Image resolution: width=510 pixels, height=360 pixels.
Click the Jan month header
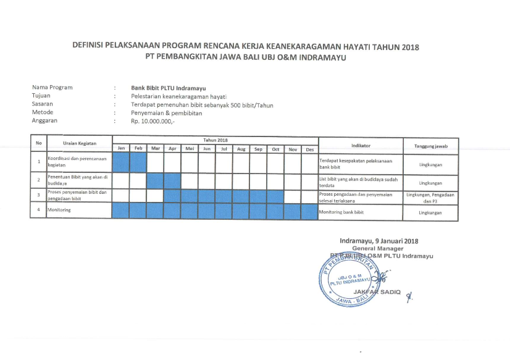pyautogui.click(x=122, y=149)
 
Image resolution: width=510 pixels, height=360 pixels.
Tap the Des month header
pyautogui.click(x=309, y=149)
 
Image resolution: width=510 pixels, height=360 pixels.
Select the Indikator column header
pyautogui.click(x=360, y=145)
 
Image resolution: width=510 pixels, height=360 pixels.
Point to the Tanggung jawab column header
pyautogui.click(x=430, y=145)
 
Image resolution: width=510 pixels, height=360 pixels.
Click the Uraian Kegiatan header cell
pyautogui.click(x=80, y=143)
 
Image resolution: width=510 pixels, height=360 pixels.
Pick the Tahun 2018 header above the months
pyautogui.click(x=215, y=141)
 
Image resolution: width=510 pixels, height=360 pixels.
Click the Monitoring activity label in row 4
pyautogui.click(x=59, y=211)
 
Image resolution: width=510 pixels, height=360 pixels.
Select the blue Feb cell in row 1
pyautogui.click(x=139, y=162)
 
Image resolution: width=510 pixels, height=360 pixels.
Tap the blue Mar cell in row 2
pyautogui.click(x=156, y=182)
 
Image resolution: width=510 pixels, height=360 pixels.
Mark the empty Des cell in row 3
pyautogui.click(x=309, y=196)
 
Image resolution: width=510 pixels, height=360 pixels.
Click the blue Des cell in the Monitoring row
pyautogui.click(x=309, y=211)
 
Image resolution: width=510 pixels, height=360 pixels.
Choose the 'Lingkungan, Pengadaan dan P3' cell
pyautogui.click(x=430, y=197)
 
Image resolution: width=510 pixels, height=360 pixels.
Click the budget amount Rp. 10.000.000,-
pyautogui.click(x=153, y=122)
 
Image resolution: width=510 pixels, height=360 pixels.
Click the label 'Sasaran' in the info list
pyautogui.click(x=42, y=104)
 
